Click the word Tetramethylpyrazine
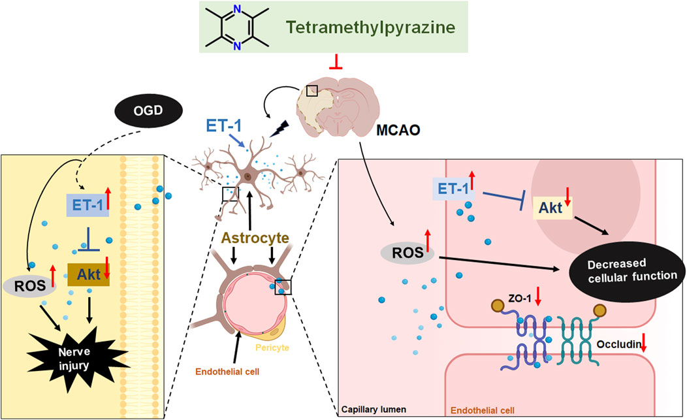pos(371,27)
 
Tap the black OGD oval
pos(148,110)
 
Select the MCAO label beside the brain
pos(398,130)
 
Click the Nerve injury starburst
pos(74,359)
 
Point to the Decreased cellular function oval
pos(626,270)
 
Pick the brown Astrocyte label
pos(255,238)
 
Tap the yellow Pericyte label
pos(272,347)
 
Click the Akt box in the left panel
pos(88,274)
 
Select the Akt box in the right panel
pos(552,207)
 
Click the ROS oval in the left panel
pos(30,286)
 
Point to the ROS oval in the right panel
pos(407,253)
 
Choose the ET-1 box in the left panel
pos(88,205)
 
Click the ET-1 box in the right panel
pos(453,189)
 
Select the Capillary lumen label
pos(374,410)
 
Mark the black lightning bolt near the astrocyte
pos(279,128)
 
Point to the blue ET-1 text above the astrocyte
pos(224,126)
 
